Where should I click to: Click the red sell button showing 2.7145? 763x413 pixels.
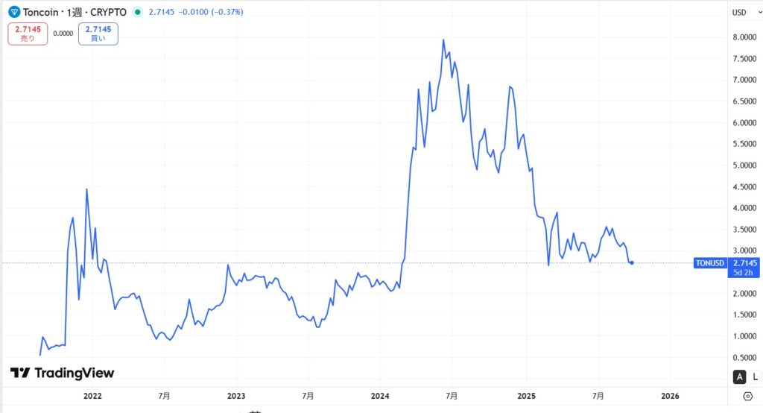click(28, 34)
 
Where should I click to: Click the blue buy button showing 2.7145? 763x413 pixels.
click(98, 34)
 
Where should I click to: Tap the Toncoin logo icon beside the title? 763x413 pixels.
click(14, 13)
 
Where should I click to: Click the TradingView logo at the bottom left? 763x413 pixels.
click(63, 373)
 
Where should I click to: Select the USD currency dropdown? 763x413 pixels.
click(740, 13)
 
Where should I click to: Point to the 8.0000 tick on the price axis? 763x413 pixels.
click(745, 37)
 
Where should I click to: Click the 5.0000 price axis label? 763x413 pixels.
click(745, 165)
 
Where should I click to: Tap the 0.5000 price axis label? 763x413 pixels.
click(745, 358)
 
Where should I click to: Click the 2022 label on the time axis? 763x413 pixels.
click(92, 395)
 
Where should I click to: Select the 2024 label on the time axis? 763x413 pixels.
click(380, 395)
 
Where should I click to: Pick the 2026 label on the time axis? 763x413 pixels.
click(669, 395)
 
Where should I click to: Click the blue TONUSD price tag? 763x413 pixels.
click(709, 263)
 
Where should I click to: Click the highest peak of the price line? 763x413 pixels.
click(444, 40)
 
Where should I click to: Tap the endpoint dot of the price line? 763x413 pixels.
click(633, 262)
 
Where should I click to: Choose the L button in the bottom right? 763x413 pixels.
click(754, 376)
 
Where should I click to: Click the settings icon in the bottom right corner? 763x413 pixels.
click(747, 395)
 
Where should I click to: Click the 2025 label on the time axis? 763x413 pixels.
click(526, 395)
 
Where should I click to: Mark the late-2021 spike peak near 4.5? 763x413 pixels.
click(86, 189)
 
